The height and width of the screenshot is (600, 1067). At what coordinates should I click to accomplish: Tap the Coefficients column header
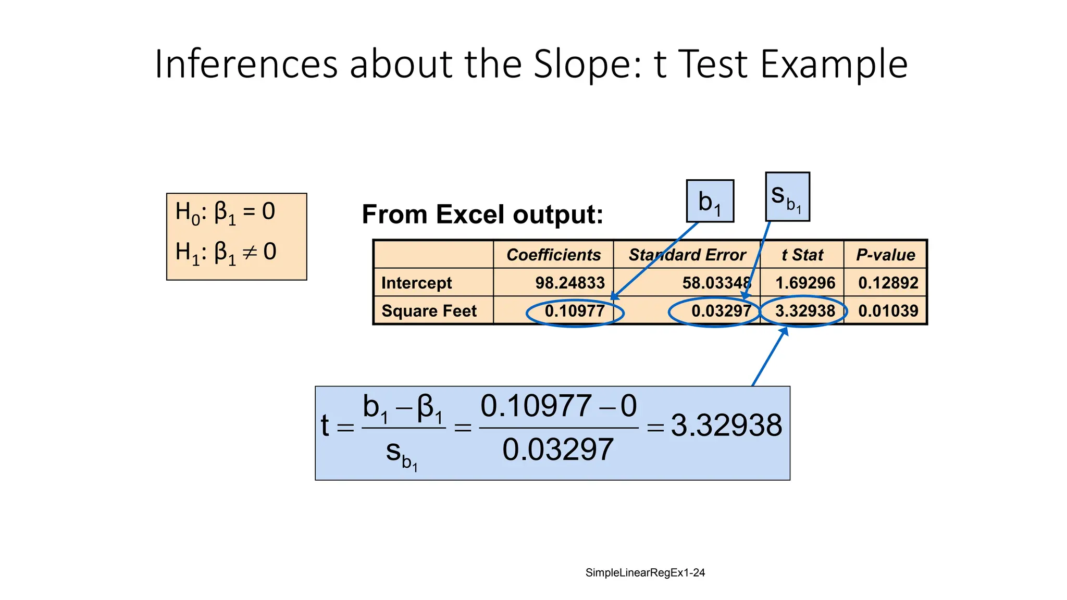553,255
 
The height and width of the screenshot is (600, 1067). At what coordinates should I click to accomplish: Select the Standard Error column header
687,255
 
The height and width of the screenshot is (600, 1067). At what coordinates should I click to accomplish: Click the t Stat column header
802,255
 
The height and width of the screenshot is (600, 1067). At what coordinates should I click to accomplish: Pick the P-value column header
885,255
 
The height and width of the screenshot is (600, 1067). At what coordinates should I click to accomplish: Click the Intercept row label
416,283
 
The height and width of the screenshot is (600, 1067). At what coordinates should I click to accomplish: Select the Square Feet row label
429,311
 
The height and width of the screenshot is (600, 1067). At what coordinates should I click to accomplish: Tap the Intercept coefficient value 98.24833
570,283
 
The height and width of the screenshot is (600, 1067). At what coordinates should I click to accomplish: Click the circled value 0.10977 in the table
575,311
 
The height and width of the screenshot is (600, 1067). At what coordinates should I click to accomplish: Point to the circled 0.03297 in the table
721,311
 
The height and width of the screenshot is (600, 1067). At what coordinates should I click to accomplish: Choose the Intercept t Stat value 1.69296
805,283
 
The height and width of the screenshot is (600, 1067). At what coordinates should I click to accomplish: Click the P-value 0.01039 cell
888,311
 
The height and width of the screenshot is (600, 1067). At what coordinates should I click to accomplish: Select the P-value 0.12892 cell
888,283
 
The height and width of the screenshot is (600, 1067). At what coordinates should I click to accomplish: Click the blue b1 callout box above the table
710,201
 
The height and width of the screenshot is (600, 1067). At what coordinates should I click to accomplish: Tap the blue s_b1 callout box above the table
787,197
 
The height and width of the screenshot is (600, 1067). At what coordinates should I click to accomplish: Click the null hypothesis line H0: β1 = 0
225,213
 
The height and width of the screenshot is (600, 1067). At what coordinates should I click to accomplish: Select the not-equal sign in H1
250,253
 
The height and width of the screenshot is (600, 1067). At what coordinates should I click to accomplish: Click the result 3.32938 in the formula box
726,426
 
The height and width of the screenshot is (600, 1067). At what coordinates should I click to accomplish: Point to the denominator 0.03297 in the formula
558,450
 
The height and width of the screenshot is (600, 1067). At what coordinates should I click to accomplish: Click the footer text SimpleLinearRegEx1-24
645,573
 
